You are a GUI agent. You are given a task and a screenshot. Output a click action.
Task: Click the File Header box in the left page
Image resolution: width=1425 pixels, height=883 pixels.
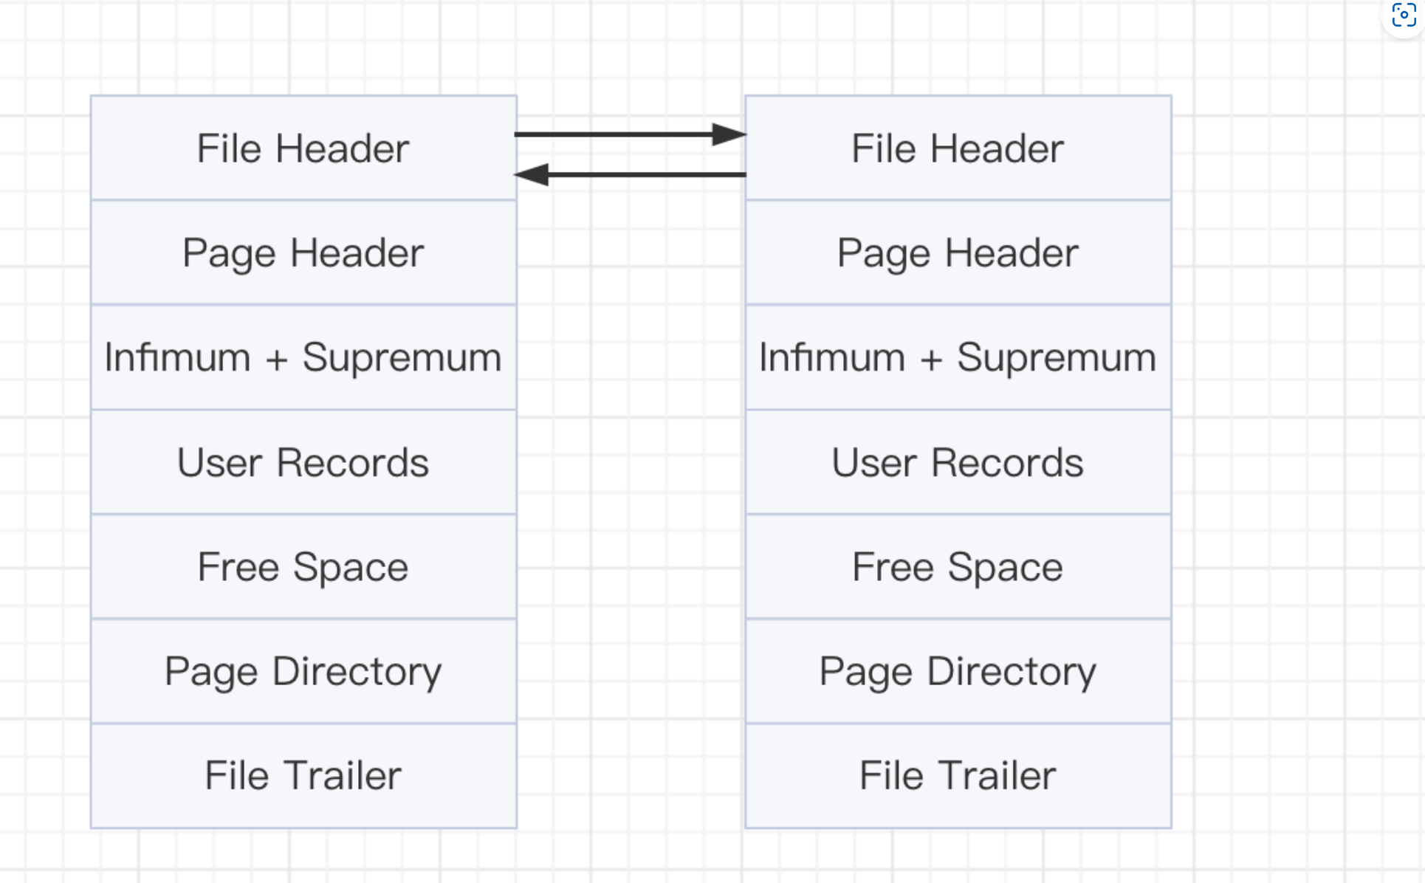(303, 148)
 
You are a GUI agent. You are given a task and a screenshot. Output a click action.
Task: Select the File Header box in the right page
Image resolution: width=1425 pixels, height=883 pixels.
(958, 148)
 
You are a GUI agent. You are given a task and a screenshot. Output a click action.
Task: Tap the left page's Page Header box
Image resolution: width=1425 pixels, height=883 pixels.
(303, 252)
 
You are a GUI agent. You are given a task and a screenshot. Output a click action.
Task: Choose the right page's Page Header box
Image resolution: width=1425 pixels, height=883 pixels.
(958, 252)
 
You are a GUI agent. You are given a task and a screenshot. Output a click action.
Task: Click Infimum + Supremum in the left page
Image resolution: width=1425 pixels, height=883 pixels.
(303, 357)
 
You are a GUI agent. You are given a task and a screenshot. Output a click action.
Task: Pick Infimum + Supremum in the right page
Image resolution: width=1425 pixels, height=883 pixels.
(958, 357)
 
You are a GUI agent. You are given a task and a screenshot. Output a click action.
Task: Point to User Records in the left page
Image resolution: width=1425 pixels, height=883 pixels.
(303, 462)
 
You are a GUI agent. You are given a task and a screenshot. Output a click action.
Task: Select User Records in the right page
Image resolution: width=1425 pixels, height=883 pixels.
(958, 462)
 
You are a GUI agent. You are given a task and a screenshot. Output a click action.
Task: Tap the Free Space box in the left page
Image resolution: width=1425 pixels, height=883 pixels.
(303, 567)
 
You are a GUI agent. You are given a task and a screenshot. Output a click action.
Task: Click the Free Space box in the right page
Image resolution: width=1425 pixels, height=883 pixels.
(958, 567)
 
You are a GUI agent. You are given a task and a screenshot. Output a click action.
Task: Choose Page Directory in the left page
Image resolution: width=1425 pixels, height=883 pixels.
(303, 671)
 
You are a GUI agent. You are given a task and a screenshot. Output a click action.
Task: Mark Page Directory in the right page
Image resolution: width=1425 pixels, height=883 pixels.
(958, 671)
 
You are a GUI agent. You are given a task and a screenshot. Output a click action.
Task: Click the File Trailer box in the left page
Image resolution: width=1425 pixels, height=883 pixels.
(303, 776)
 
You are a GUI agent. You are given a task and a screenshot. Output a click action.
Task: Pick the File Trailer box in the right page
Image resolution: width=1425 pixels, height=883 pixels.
(958, 776)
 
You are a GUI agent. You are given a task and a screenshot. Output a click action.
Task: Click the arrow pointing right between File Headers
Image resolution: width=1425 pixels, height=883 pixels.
(631, 134)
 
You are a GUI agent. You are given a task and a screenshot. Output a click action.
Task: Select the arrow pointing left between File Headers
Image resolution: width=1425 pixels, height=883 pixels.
(630, 175)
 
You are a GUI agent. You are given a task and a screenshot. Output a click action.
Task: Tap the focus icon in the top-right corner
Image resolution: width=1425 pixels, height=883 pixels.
(1404, 14)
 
